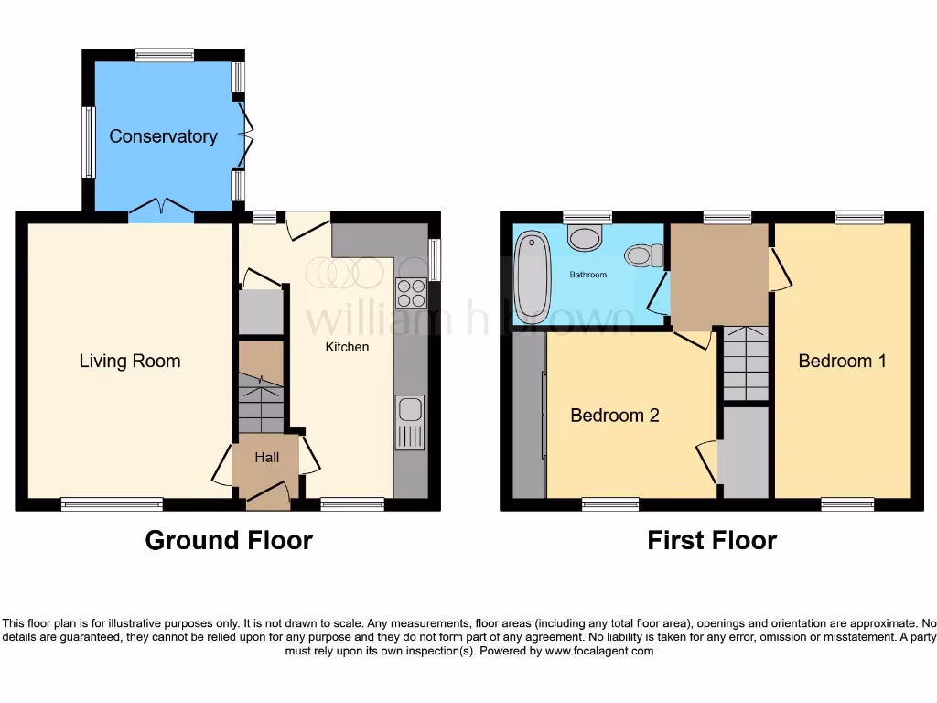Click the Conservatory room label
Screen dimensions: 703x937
pyautogui.click(x=163, y=136)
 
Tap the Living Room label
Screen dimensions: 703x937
pyautogui.click(x=130, y=361)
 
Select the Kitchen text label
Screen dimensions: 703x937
pyautogui.click(x=348, y=347)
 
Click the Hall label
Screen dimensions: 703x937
pyautogui.click(x=266, y=458)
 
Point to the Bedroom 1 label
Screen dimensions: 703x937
pyautogui.click(x=842, y=361)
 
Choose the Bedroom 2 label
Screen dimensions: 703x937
pyautogui.click(x=614, y=416)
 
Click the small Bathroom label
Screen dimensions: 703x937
pyautogui.click(x=588, y=275)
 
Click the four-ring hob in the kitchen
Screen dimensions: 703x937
pyautogui.click(x=410, y=293)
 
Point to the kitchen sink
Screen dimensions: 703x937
pyautogui.click(x=410, y=422)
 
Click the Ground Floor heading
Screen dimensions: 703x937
pyautogui.click(x=229, y=541)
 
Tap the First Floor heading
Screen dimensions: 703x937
pyautogui.click(x=712, y=541)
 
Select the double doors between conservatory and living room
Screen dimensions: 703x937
pyautogui.click(x=161, y=211)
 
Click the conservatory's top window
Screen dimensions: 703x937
pyautogui.click(x=165, y=55)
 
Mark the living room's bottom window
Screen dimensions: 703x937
pyautogui.click(x=112, y=503)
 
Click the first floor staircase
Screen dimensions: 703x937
pyautogui.click(x=746, y=363)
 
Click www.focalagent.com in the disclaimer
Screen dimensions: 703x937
pyautogui.click(x=600, y=652)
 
